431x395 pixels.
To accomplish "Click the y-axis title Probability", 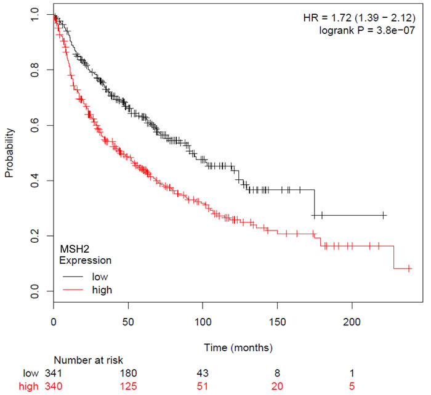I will click(x=9, y=153).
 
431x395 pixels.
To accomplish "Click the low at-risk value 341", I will click(x=54, y=373).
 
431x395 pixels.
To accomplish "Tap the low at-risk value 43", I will click(x=203, y=373).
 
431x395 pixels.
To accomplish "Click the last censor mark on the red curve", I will click(x=409, y=269).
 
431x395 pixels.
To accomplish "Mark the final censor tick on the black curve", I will click(x=384, y=215).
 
